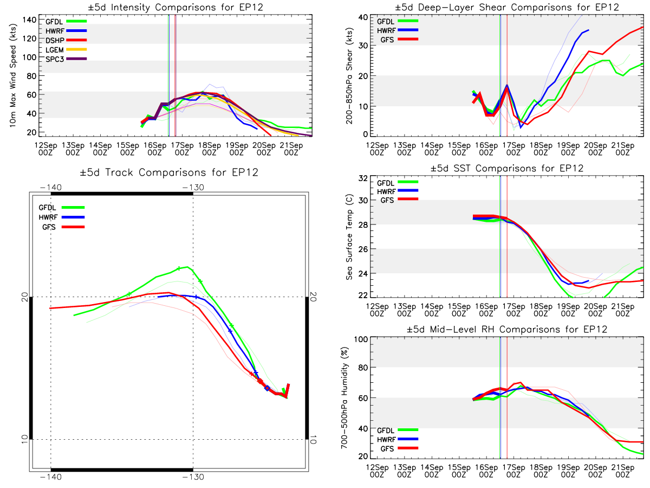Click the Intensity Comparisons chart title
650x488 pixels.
click(175, 7)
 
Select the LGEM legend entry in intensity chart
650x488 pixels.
click(66, 50)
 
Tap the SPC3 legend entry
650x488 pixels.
click(66, 59)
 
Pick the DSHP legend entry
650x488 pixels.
click(66, 40)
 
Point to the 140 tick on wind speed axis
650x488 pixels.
click(29, 20)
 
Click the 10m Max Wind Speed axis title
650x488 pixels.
click(13, 76)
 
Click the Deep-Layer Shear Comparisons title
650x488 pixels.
click(506, 7)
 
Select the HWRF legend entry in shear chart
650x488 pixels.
click(398, 30)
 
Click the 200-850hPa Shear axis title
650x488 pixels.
click(350, 76)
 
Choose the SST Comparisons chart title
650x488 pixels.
click(506, 168)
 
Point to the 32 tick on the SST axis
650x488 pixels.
click(363, 178)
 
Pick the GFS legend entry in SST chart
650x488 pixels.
click(399, 200)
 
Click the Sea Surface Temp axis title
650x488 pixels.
click(350, 237)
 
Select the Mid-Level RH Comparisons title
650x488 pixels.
click(506, 329)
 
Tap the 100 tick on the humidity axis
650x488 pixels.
click(361, 339)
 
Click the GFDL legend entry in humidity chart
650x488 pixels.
click(398, 430)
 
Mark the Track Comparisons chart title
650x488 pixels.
click(169, 172)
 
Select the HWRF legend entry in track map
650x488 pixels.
click(62, 217)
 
